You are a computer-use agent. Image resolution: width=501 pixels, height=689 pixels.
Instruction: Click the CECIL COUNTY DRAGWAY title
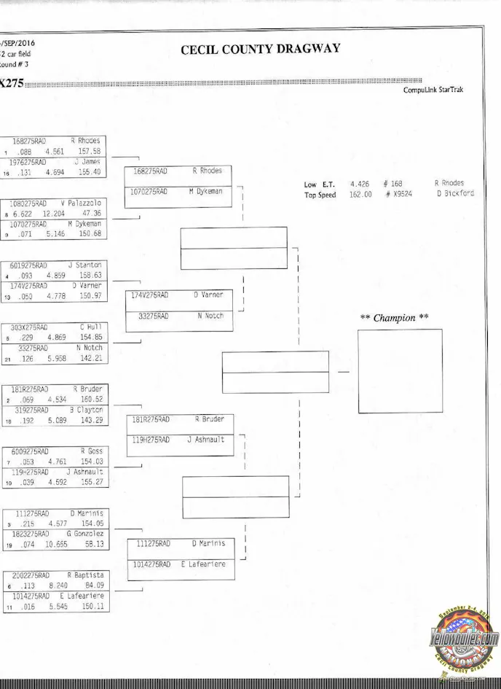pyautogui.click(x=260, y=50)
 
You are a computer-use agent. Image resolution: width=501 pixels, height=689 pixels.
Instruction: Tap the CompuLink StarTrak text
pyautogui.click(x=433, y=90)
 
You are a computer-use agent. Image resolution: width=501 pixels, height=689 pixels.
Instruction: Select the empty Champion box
pyautogui.click(x=400, y=371)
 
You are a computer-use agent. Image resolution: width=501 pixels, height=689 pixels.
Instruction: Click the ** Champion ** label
pyautogui.click(x=395, y=318)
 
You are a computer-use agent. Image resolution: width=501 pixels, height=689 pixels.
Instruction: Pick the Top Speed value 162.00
pyautogui.click(x=361, y=195)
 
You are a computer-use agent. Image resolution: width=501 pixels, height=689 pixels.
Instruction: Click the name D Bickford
pyautogui.click(x=455, y=194)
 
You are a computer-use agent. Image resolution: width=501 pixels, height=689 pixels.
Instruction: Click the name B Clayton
pyautogui.click(x=87, y=410)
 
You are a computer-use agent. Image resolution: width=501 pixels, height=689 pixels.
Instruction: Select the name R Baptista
pyautogui.click(x=84, y=575)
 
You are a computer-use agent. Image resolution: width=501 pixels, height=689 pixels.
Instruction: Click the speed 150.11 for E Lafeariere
pyautogui.click(x=92, y=606)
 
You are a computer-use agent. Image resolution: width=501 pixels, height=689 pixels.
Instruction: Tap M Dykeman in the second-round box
pyautogui.click(x=205, y=192)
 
